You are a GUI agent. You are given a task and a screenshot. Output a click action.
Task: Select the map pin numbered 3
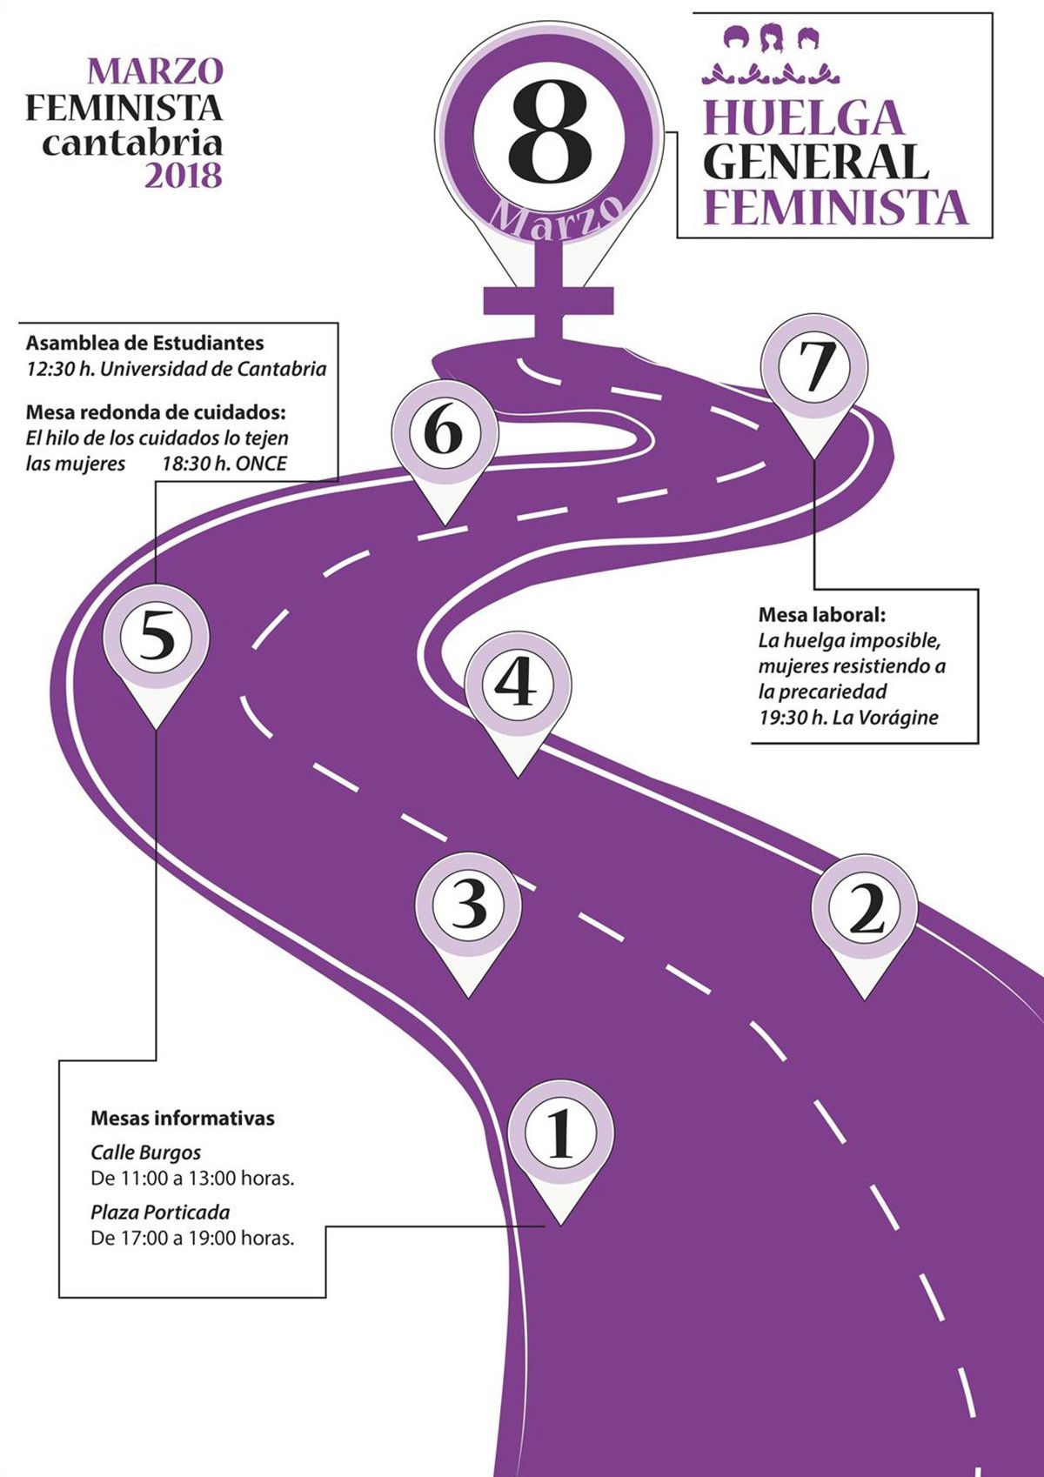(x=469, y=905)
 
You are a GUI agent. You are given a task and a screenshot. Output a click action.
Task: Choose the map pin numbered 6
(x=444, y=431)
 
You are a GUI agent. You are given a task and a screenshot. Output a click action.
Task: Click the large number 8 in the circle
(x=550, y=136)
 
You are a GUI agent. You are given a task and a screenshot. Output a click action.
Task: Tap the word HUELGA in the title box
(x=804, y=118)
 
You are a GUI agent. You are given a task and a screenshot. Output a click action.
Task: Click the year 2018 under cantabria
(x=183, y=176)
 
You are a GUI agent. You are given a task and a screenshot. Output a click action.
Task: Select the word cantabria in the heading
(x=132, y=142)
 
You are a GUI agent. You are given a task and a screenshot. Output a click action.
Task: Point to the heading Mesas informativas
(x=183, y=1118)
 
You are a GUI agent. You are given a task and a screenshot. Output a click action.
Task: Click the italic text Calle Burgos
(x=145, y=1153)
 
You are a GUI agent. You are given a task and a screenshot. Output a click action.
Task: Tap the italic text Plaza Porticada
(x=160, y=1212)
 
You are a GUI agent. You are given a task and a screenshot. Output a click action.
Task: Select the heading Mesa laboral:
(x=821, y=615)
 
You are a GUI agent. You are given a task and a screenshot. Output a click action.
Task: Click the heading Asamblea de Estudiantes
(x=144, y=343)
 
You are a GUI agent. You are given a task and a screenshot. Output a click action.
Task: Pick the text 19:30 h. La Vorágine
(x=848, y=718)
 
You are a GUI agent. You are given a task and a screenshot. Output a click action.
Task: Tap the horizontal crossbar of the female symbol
(x=549, y=301)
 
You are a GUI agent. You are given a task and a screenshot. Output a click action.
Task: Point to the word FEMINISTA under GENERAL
(x=835, y=207)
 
